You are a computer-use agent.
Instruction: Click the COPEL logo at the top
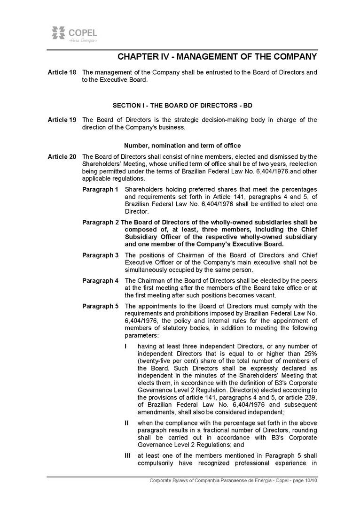74,35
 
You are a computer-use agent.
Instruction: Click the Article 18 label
62,72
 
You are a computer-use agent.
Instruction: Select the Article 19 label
62,120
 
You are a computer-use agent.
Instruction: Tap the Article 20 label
62,156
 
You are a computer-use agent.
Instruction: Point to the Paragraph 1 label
100,189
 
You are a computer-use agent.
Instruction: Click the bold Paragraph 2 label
101,222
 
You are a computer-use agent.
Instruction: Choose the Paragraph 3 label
100,255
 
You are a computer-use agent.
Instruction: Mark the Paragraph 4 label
100,281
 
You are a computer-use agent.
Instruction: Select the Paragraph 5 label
100,307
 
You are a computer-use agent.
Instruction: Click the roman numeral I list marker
125,347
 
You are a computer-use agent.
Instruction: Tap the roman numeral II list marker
126,423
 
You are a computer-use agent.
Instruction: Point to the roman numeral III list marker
127,455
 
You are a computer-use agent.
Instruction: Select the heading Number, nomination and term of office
182,146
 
